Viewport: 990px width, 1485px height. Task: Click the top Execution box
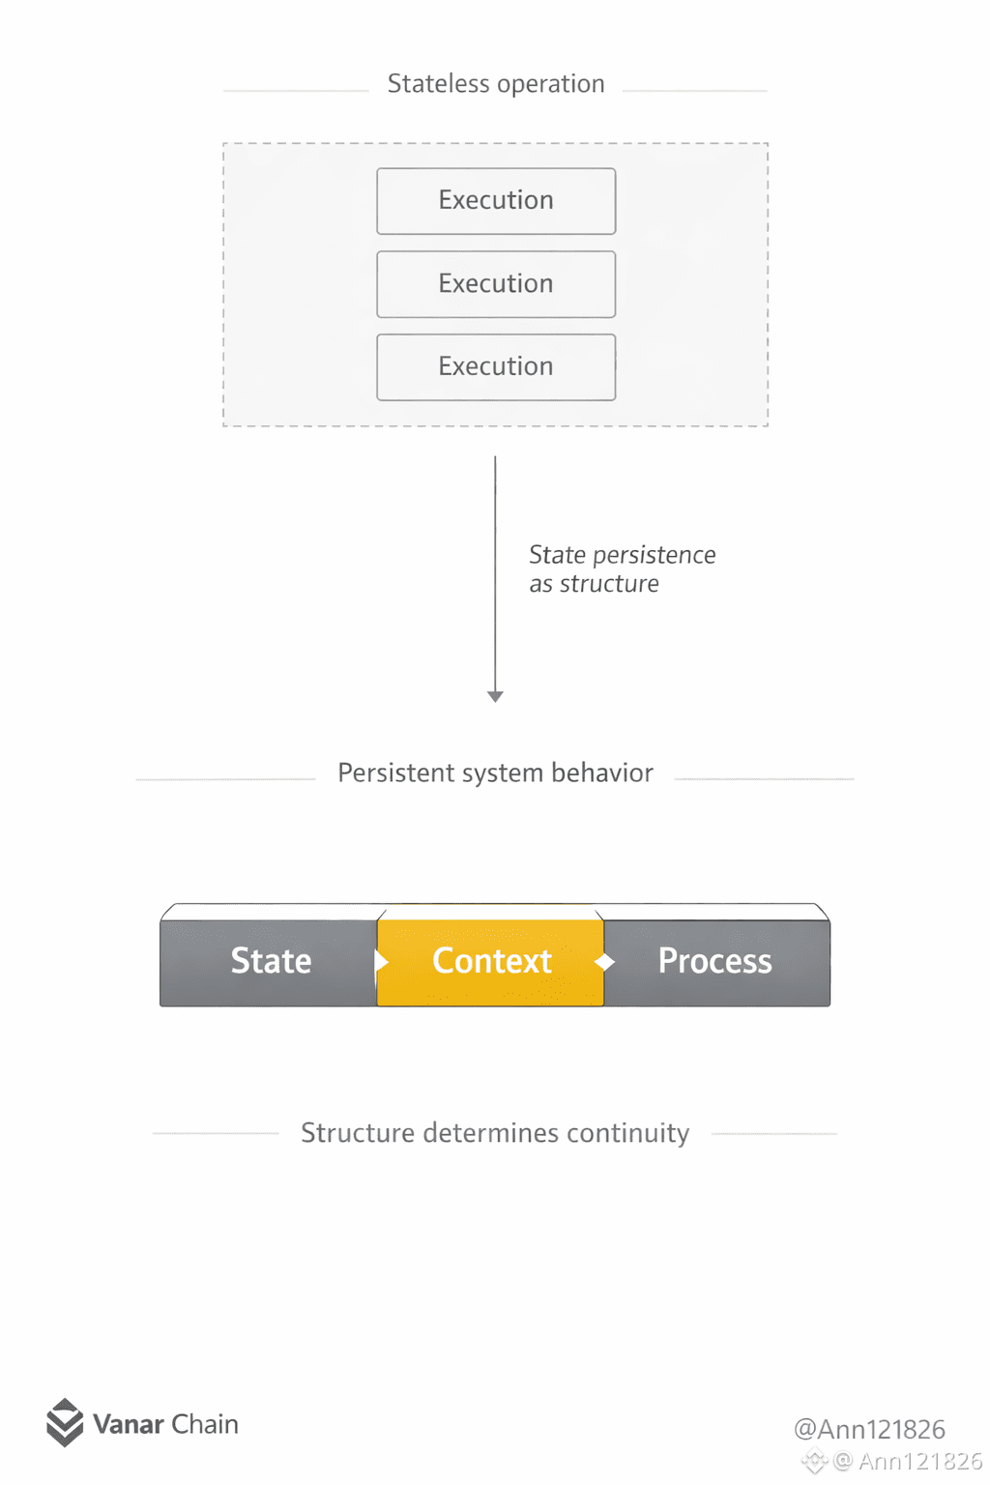point(496,201)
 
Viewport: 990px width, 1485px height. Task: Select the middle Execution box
point(496,284)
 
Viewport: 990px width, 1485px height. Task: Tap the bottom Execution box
point(496,367)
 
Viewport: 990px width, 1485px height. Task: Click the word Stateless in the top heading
point(438,84)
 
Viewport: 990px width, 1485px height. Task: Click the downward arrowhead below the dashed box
point(495,696)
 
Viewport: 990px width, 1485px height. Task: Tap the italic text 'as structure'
point(594,584)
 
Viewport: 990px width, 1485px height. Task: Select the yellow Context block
point(491,961)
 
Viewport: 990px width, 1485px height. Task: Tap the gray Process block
point(715,961)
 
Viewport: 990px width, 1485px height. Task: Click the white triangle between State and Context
point(381,961)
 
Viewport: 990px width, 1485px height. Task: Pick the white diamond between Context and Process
point(605,962)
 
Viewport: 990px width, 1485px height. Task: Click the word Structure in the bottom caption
point(358,1132)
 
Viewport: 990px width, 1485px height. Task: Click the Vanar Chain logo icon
point(65,1422)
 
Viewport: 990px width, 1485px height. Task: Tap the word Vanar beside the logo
point(129,1424)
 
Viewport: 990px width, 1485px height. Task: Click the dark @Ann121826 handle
point(869,1429)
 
